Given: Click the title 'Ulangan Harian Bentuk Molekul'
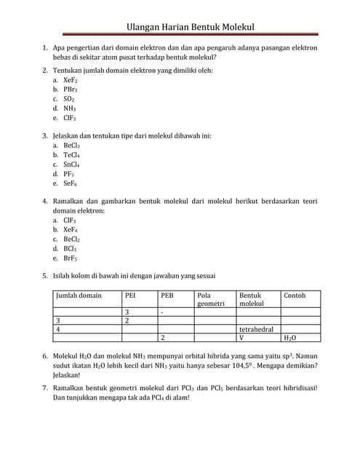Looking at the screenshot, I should coord(190,27).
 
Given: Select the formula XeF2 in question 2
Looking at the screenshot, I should coord(71,80).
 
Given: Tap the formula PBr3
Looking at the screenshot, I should coord(71,89).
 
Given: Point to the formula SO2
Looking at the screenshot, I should coord(69,98).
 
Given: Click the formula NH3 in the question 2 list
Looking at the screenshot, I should coord(70,108).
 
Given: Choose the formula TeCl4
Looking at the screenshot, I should coord(72,155).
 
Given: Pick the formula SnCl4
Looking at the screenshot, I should coord(72,165).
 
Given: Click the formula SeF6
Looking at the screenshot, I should coord(71,183).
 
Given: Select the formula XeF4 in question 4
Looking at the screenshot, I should coord(71,229).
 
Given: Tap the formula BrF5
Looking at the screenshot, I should coord(71,258).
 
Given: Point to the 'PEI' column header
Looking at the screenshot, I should coord(132,296).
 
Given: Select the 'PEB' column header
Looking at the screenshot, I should coord(167,296).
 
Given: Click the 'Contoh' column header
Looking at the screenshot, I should coord(295,296).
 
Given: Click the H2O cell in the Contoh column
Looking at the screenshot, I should coord(289,338).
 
